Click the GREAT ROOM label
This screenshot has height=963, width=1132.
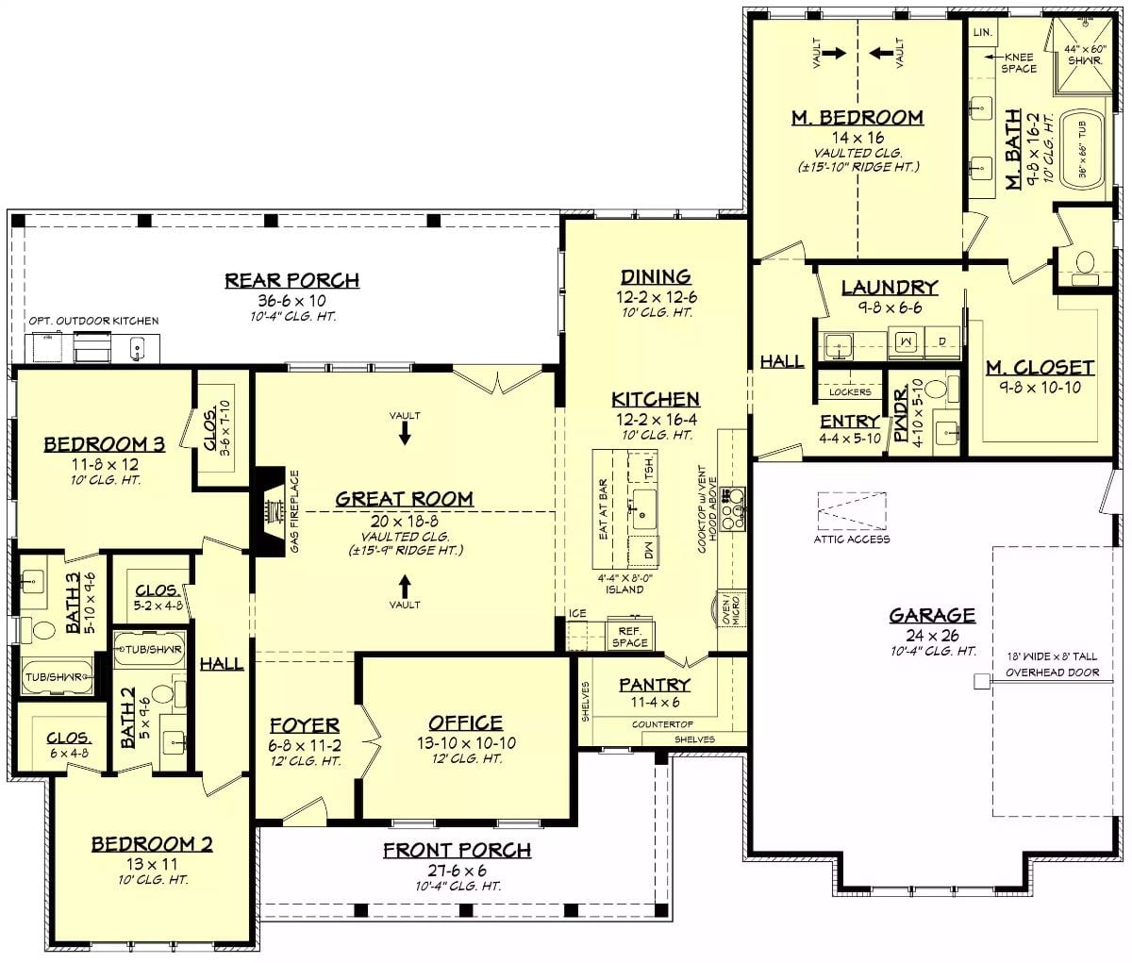point(405,499)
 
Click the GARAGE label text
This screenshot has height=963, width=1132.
point(932,616)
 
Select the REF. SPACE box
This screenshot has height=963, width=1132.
point(630,637)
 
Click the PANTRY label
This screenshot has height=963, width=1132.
point(655,685)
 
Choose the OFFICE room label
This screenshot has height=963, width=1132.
point(466,722)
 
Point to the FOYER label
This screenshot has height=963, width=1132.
point(304,725)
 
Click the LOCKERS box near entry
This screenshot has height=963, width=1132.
point(850,390)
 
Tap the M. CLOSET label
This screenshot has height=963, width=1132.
point(1040,368)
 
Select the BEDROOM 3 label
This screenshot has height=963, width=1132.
point(104,444)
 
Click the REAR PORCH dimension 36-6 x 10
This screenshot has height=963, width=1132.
point(291,300)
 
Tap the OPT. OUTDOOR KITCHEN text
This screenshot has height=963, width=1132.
point(93,322)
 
